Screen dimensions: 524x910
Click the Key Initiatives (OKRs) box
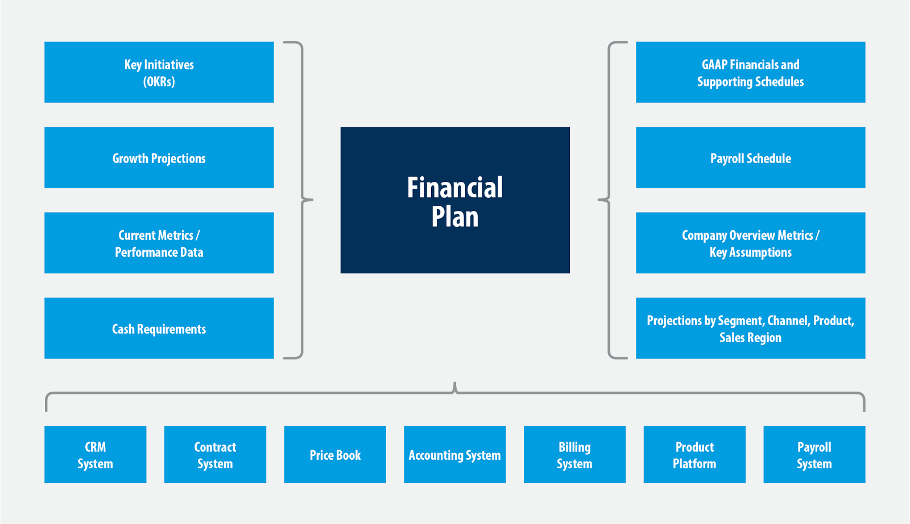[159, 72]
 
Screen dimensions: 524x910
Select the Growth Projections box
[159, 157]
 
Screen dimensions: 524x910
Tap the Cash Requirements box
[159, 328]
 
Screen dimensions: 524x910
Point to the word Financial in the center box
[455, 188]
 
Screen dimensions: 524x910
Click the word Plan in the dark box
[455, 217]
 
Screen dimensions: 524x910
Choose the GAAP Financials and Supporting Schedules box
[750, 72]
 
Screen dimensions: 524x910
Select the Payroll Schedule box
[750, 157]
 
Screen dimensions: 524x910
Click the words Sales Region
[750, 338]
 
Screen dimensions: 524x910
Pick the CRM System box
[96, 455]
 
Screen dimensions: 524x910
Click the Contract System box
[215, 455]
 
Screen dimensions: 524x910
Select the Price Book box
[335, 455]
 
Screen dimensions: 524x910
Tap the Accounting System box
[455, 455]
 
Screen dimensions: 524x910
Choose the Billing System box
[574, 455]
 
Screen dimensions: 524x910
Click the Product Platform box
[694, 455]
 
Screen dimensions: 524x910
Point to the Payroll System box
[814, 455]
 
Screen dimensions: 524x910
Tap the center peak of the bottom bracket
[455, 384]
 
